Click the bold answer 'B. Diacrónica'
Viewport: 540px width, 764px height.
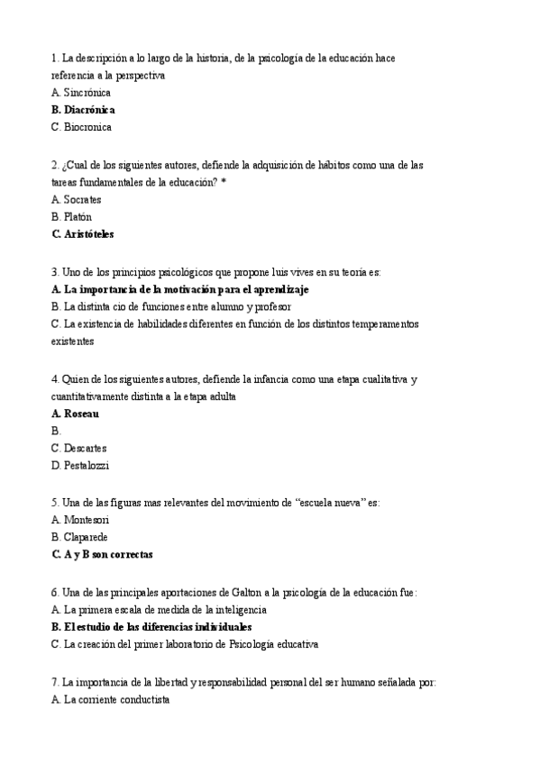[84, 110]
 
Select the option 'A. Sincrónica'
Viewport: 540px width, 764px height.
[81, 93]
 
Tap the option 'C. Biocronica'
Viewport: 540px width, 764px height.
[82, 127]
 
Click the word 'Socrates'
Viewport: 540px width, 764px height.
[83, 199]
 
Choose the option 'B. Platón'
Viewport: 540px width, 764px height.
[72, 216]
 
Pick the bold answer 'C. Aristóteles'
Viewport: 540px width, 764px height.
[83, 234]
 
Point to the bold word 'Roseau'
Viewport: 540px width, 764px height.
[82, 414]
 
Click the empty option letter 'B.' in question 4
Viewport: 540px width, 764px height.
[56, 431]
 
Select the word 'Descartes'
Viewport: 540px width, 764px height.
[86, 448]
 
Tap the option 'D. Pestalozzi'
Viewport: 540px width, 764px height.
[80, 466]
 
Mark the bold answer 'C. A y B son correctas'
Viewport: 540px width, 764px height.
[102, 555]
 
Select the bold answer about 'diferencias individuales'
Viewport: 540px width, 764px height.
[151, 626]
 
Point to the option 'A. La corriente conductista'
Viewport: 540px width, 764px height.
[111, 699]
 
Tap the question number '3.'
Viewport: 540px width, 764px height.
[56, 271]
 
